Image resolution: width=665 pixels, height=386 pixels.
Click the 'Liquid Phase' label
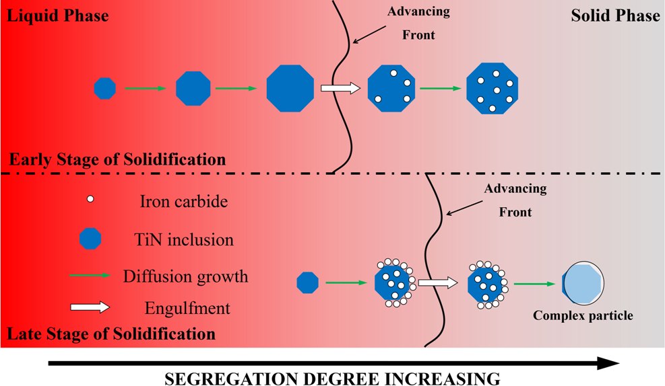coord(57,15)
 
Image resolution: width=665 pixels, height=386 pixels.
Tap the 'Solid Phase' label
coord(615,15)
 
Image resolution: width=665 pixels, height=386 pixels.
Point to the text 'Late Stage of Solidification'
coord(112,334)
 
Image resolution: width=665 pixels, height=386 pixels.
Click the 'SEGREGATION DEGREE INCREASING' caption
coord(333,377)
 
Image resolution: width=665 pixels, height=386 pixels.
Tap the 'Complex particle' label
coord(583,315)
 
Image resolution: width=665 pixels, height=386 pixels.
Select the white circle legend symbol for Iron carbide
coord(91,200)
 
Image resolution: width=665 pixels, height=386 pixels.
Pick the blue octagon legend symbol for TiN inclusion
coord(90,237)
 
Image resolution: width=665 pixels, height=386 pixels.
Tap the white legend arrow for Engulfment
coord(90,307)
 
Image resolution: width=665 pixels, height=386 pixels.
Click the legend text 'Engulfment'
coord(187,309)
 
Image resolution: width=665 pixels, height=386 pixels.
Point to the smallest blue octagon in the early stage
coord(104,88)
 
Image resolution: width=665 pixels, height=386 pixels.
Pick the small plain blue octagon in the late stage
coord(307,282)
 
